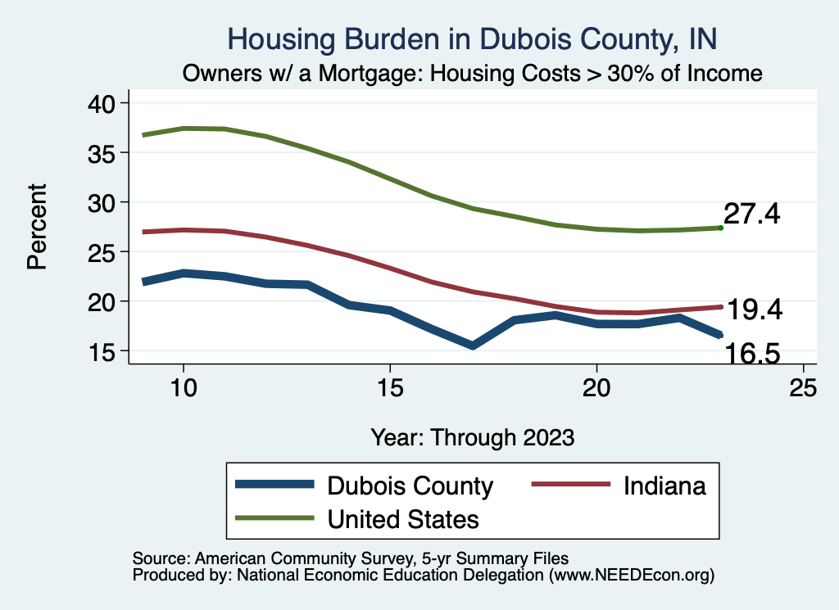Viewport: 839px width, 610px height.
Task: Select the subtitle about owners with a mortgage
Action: coord(473,73)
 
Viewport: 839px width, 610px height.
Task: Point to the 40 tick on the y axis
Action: coord(104,103)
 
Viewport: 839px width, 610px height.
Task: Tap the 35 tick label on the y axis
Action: coord(104,153)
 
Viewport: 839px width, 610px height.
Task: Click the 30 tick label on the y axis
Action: coord(104,202)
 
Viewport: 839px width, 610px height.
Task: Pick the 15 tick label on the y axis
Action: coord(104,351)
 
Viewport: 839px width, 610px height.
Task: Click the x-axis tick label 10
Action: coord(184,388)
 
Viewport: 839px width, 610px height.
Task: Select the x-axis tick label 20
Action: coord(596,388)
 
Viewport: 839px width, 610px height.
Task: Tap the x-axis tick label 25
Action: coord(803,388)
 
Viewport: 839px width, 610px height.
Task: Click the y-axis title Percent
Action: coord(37,227)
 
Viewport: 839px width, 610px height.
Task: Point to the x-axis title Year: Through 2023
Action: coord(472,436)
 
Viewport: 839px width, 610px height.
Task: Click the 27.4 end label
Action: coord(751,215)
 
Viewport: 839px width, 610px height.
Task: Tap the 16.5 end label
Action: coord(750,354)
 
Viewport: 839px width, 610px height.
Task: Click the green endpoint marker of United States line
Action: coord(720,228)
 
